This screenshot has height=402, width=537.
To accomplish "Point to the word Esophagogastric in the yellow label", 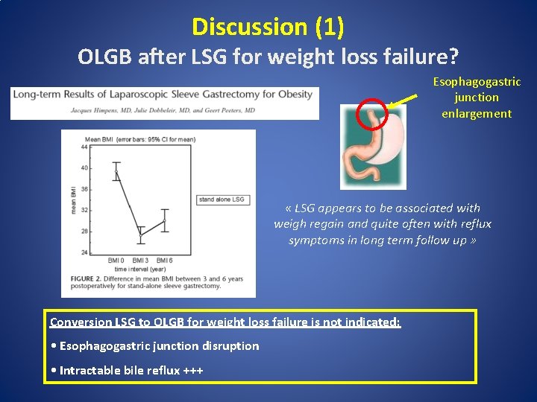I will tap(477, 81).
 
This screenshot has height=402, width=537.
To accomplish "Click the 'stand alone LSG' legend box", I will tap(222, 200).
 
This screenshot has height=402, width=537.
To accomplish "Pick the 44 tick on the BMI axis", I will tap(84, 147).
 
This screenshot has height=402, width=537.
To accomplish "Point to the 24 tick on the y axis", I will tap(84, 252).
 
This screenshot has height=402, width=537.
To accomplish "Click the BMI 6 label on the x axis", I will tap(165, 261).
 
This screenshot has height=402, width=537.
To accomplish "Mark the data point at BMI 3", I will tap(140, 234).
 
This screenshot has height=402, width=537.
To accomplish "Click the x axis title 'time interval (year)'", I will tap(140, 267).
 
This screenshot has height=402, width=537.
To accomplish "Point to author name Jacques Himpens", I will tap(49, 109).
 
